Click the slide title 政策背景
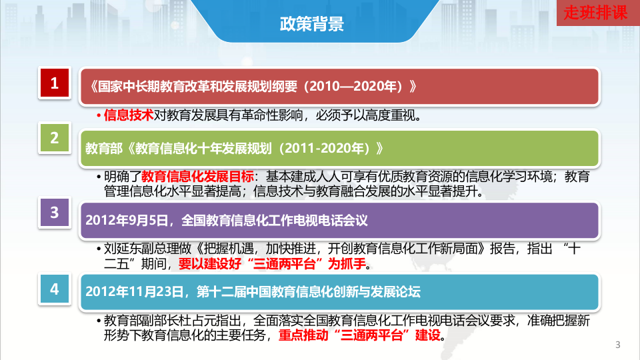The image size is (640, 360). point(311,25)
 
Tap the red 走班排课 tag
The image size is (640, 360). point(596,13)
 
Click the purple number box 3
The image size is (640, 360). point(55,213)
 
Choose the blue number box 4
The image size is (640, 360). point(55,289)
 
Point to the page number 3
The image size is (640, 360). point(617,345)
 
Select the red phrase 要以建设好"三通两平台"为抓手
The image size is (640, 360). point(273,264)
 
